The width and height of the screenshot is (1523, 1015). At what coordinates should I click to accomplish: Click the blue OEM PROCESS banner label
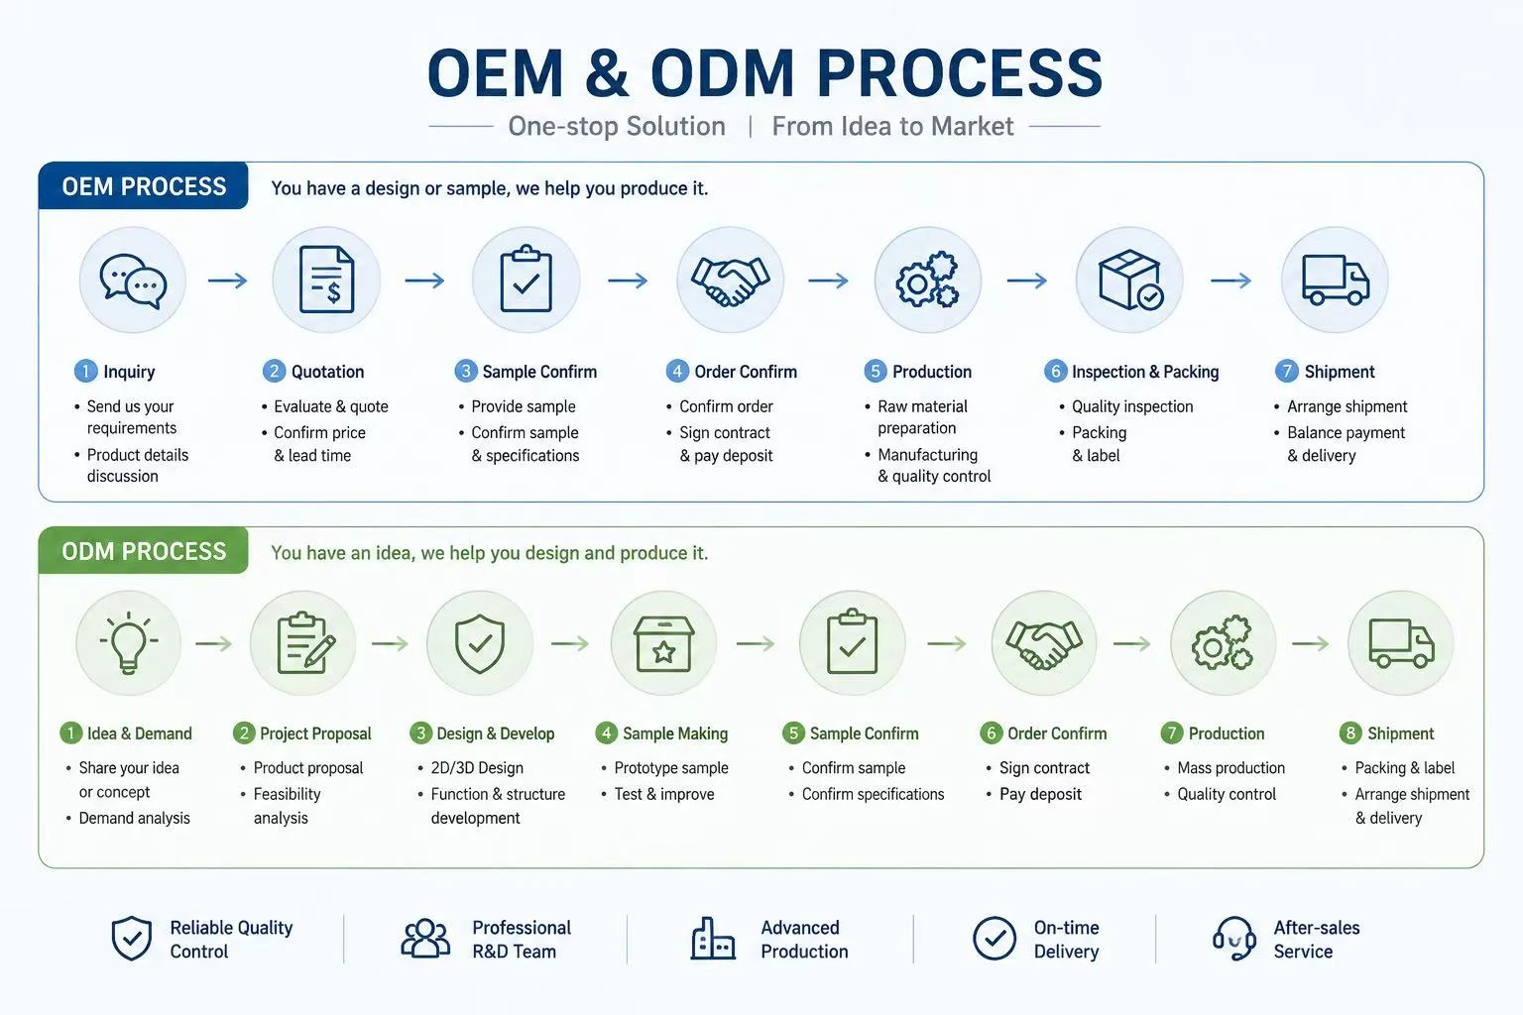[x=144, y=186]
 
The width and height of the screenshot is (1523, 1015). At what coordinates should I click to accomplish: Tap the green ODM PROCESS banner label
[x=144, y=551]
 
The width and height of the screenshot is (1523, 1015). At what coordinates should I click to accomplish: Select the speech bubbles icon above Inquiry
[x=133, y=282]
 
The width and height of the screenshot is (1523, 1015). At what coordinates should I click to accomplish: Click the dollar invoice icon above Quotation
[x=326, y=280]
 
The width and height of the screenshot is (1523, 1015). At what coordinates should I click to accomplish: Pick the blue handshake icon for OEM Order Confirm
[x=730, y=281]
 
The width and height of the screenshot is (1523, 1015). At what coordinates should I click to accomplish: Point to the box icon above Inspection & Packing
[x=1130, y=280]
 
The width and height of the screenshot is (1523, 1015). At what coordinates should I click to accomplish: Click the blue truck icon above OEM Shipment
[x=1336, y=280]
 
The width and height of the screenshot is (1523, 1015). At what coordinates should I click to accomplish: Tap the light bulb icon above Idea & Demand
[x=129, y=642]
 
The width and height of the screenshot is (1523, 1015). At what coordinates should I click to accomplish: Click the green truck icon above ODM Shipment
[x=1401, y=643]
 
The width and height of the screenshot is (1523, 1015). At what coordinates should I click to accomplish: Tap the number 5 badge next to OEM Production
[x=876, y=371]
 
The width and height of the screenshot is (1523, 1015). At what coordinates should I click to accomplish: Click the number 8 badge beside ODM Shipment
[x=1350, y=733]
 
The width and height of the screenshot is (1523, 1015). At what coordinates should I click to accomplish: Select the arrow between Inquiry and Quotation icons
[x=228, y=281]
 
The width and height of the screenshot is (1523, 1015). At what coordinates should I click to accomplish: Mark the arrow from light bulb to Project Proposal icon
[x=213, y=643]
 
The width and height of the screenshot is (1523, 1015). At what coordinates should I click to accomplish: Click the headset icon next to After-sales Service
[x=1234, y=938]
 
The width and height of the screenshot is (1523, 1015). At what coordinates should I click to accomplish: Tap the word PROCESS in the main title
[x=960, y=73]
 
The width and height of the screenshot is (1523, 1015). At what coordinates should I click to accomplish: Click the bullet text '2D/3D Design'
[x=477, y=767]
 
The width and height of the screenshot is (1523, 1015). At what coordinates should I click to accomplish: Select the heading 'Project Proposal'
[x=315, y=733]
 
